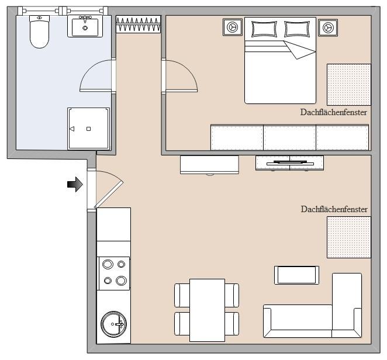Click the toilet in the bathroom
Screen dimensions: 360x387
[39, 32]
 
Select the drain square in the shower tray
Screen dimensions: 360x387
[88, 129]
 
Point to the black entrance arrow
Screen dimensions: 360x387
[75, 185]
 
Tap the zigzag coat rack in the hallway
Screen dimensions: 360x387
[138, 25]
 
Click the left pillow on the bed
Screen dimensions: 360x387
[264, 29]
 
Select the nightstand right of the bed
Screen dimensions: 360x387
[327, 27]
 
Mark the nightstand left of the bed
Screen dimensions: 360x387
[233, 27]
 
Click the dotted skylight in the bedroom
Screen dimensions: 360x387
[348, 84]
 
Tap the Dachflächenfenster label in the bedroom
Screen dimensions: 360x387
[333, 113]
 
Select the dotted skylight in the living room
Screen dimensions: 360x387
[348, 237]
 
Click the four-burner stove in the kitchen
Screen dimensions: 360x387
[114, 273]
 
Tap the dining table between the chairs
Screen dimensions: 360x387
[207, 310]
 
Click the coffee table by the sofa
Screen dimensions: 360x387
[296, 275]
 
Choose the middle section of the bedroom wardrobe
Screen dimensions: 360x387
[289, 137]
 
